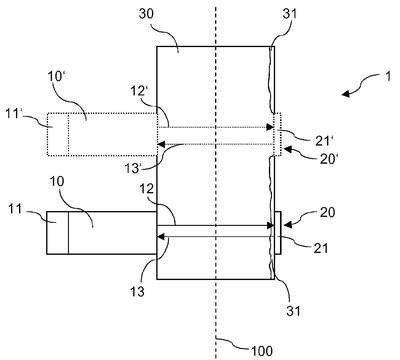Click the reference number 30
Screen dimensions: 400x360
point(146,15)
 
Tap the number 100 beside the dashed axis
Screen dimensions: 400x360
point(262,351)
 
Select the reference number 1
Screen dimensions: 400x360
point(387,77)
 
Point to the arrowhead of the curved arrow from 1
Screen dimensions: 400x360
point(346,94)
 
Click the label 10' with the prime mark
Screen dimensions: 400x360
point(55,77)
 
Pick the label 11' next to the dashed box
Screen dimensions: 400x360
point(14,114)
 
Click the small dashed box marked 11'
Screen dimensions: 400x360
point(58,134)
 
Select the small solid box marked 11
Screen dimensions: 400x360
point(57,233)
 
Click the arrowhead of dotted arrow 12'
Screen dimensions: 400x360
point(270,127)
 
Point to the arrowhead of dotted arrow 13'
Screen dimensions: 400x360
point(161,144)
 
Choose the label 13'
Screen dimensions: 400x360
point(134,168)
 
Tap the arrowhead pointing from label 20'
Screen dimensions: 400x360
point(286,150)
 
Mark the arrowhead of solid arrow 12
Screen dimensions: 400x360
point(270,226)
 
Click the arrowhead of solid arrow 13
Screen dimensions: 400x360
point(161,237)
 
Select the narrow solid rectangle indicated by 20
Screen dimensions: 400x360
point(278,233)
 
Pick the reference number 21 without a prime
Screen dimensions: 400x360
point(321,248)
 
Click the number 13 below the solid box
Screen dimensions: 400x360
point(137,291)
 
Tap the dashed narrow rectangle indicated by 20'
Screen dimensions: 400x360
point(278,135)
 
